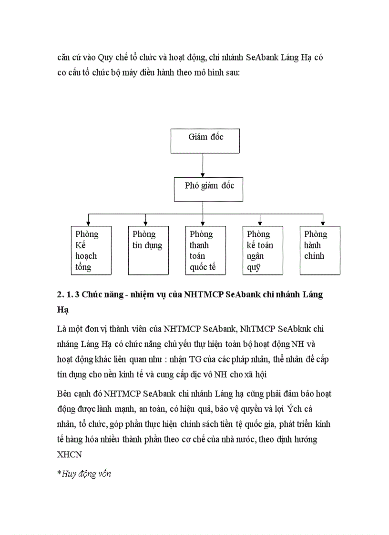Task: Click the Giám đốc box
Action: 205,141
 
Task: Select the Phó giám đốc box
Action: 208,189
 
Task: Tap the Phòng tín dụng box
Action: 148,250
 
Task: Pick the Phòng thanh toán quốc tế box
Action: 205,250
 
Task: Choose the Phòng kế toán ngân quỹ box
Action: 263,250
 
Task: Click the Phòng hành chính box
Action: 320,250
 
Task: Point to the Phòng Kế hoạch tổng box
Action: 91,250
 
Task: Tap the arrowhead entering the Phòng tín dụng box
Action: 145,222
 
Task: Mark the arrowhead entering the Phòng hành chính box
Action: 323,222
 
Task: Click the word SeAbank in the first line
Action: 264,58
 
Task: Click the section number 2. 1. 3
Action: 68,294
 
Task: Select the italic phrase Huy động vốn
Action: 86,474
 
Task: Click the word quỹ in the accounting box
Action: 254,267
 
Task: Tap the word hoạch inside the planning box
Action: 86,256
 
